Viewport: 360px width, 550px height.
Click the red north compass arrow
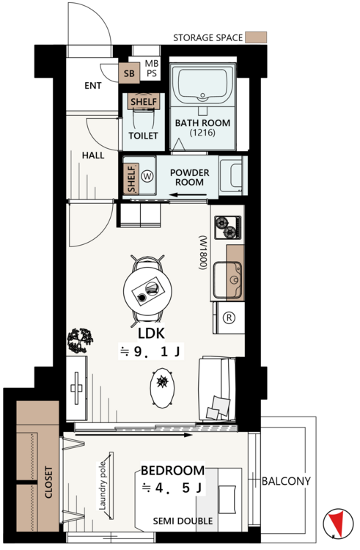pyautogui.click(x=337, y=524)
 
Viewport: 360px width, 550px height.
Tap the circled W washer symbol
pyautogui.click(x=147, y=176)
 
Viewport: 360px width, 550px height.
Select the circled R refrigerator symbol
pyautogui.click(x=229, y=318)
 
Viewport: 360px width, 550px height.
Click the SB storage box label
pyautogui.click(x=129, y=73)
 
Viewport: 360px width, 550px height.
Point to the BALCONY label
pyautogui.click(x=287, y=481)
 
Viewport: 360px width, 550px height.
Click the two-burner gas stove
pyautogui.click(x=229, y=227)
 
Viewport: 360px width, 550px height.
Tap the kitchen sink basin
pyautogui.click(x=227, y=279)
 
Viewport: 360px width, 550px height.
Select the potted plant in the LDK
pyautogui.click(x=80, y=340)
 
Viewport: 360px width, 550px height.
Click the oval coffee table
pyautogui.click(x=162, y=388)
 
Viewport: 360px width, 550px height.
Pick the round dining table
pyautogui.click(x=147, y=290)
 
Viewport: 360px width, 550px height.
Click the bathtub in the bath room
pyautogui.click(x=203, y=84)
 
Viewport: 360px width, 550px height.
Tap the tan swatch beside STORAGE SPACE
pyautogui.click(x=256, y=37)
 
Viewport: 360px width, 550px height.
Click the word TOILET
pyautogui.click(x=144, y=136)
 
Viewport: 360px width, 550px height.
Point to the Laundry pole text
pyautogui.click(x=103, y=485)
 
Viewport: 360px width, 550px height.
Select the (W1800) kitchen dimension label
pyautogui.click(x=203, y=252)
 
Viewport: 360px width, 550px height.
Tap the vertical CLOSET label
pyautogui.click(x=48, y=482)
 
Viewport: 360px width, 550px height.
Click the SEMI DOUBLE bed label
pyautogui.click(x=183, y=521)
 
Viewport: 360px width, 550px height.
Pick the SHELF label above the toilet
pyautogui.click(x=144, y=102)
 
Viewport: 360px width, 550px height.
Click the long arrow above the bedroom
pyautogui.click(x=133, y=435)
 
